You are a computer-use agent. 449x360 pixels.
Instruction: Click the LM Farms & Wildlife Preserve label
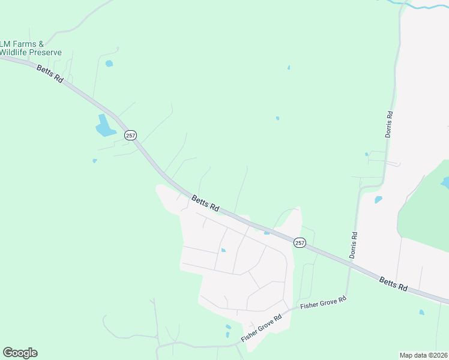pos(31,48)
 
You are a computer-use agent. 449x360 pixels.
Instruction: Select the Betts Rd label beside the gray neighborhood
pos(205,203)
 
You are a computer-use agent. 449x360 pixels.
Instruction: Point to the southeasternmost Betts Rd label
pos(393,284)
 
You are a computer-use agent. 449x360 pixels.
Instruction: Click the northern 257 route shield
pos(130,136)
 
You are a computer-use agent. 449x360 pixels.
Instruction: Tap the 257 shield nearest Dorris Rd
pos(300,242)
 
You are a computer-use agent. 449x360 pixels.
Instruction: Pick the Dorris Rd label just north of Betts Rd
pos(354,245)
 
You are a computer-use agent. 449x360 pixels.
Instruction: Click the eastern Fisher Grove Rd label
pos(324,304)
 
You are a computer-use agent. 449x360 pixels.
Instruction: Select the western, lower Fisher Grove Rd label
pos(261,329)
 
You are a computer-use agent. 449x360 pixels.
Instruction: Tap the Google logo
pos(20,353)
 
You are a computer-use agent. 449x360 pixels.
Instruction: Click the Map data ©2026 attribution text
pos(424,355)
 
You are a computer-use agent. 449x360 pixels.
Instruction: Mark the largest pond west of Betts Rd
pos(104,126)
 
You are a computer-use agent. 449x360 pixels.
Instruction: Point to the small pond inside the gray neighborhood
pos(223,250)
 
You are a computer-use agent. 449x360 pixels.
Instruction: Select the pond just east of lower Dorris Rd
pos(378,199)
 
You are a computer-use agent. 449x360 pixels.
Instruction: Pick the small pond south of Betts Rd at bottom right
pos(421,312)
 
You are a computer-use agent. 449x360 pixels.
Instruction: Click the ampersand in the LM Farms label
pos(41,44)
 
